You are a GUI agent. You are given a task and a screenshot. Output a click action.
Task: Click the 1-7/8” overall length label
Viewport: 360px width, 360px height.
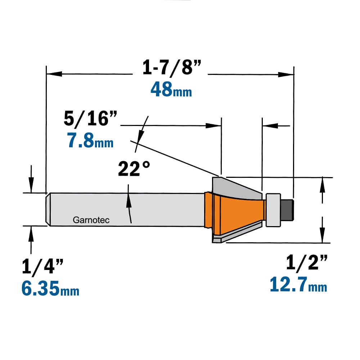coord(171,68)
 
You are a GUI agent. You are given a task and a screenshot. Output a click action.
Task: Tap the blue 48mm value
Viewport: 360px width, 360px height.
coord(171,89)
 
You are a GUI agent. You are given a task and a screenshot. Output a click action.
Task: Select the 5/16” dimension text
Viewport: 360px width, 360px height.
coord(90,119)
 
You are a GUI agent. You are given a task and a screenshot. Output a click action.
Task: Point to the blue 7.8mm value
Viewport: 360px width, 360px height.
coord(90,140)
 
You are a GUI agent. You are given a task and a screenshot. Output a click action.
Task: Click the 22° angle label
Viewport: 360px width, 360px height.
coord(134,168)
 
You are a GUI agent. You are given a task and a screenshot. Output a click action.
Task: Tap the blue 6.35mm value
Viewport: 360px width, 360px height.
coord(50,288)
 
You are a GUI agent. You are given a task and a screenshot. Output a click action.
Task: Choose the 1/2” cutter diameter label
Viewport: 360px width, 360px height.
coord(306,262)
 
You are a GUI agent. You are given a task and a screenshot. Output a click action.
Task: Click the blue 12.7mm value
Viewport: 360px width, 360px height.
coord(298,284)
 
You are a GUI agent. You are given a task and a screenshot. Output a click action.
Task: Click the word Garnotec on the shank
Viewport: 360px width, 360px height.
coord(91,220)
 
